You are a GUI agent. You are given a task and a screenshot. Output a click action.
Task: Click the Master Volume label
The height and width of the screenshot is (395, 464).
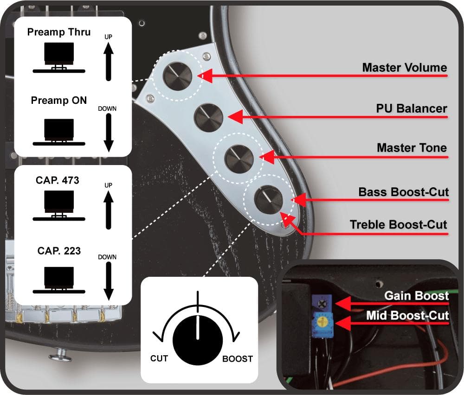404,68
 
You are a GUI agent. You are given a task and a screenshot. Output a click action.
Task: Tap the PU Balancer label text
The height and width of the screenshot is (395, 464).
411,108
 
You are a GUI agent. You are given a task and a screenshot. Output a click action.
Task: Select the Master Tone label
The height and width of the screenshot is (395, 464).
412,148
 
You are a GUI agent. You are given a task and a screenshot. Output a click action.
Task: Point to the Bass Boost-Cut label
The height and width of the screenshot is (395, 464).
403,192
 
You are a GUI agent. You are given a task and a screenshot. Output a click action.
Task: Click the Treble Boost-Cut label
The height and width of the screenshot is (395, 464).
398,225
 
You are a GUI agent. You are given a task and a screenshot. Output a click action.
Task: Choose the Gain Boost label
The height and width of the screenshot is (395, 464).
416,296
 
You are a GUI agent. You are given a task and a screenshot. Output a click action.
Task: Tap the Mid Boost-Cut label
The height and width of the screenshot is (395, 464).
407,316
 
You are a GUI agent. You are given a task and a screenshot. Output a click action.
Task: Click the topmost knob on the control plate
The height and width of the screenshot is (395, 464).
177,74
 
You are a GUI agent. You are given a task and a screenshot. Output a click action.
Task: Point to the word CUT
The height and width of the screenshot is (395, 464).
159,358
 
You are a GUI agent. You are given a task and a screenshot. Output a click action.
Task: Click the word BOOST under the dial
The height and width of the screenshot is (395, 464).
237,358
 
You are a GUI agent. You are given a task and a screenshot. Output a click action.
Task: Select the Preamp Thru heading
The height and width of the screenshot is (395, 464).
59,32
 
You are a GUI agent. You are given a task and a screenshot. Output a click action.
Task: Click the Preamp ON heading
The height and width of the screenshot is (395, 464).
59,100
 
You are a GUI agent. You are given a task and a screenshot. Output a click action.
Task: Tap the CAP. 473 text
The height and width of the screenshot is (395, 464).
58,180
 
